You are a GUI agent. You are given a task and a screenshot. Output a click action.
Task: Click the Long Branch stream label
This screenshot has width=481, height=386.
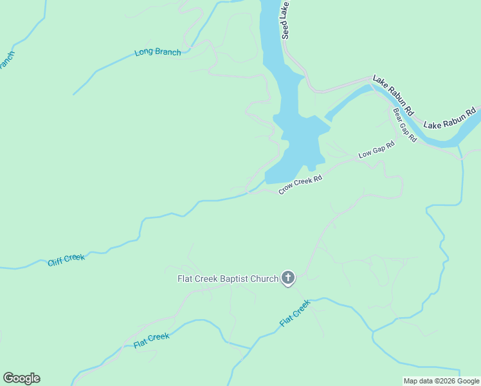[158, 52]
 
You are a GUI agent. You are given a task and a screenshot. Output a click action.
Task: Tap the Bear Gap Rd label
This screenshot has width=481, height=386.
[404, 124]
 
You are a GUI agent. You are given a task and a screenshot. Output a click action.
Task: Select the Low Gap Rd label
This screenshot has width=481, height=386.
[376, 150]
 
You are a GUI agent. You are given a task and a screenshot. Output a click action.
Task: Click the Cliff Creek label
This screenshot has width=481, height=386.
[66, 259]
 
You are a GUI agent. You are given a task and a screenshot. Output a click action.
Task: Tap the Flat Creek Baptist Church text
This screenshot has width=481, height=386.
[228, 279]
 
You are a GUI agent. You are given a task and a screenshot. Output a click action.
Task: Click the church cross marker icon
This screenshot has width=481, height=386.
[288, 278]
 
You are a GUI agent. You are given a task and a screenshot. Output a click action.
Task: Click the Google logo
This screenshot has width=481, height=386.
[21, 378]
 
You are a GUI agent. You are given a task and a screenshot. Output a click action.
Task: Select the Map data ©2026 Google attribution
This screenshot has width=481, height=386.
[442, 381]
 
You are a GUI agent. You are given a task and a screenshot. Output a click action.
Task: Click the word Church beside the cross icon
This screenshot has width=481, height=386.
[266, 279]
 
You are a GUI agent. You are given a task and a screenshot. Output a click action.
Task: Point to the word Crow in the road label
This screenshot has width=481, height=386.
[286, 189]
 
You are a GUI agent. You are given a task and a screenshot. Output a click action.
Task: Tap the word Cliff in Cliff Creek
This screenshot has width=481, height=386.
[56, 261]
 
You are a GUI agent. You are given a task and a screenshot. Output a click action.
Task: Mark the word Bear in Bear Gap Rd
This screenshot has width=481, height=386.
[398, 115]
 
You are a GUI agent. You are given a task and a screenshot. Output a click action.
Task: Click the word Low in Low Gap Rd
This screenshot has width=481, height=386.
[365, 154]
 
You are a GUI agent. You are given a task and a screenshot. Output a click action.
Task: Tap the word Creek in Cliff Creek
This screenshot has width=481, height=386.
[74, 258]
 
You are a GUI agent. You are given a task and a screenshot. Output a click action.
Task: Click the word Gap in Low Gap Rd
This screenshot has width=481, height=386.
[378, 149]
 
